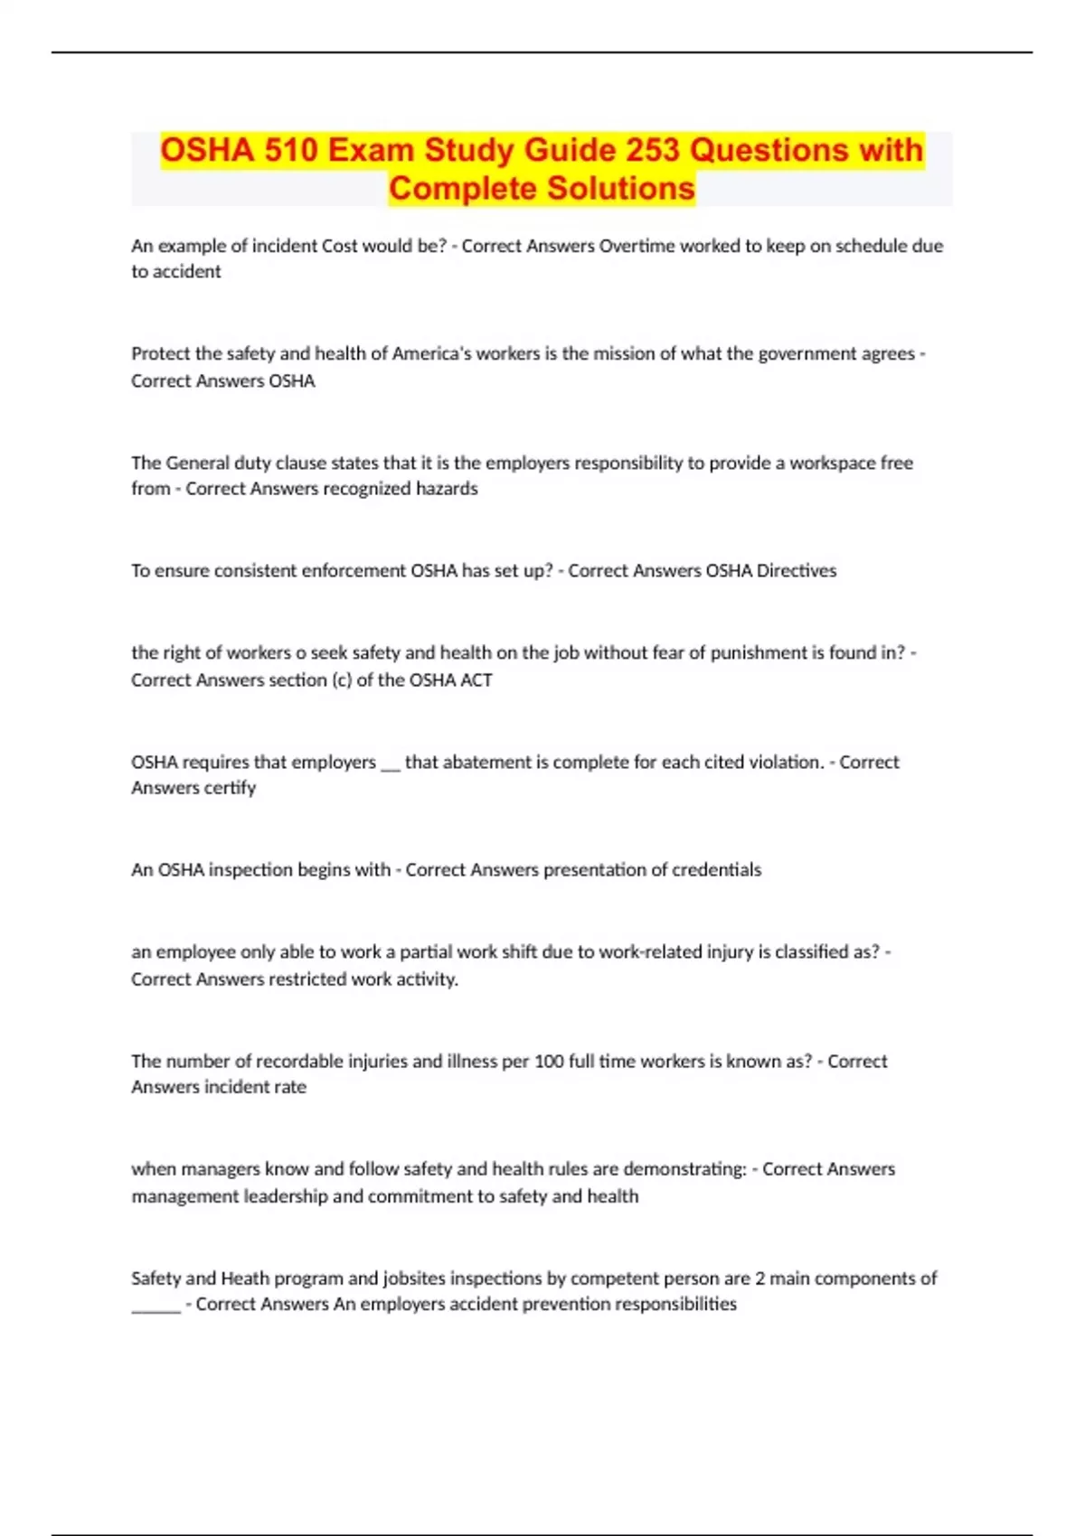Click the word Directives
(796, 571)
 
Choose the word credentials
(716, 870)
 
